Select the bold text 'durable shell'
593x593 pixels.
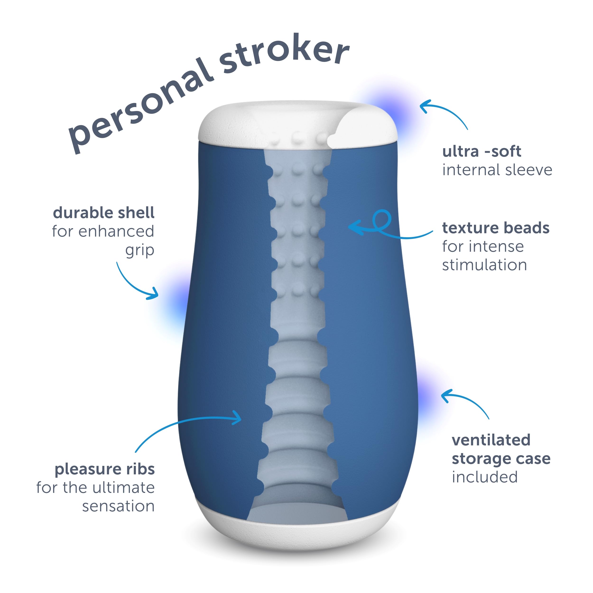coord(103,213)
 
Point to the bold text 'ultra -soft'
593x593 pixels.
coord(482,151)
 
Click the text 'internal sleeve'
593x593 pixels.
coord(497,170)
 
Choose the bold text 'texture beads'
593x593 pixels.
coord(496,228)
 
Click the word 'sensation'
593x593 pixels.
coord(118,506)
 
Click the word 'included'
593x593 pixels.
coord(485,477)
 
